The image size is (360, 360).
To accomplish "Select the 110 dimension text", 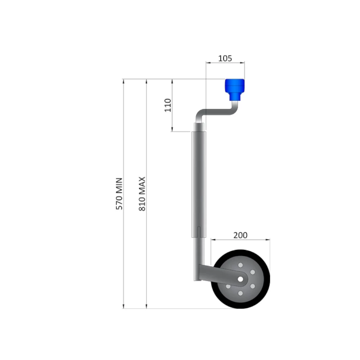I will point(168,105).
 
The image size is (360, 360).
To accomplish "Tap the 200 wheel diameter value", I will point(240,235).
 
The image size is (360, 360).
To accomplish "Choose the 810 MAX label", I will point(142,194).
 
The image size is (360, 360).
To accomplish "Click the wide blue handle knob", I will point(234,85).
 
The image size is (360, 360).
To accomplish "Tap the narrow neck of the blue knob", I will point(234,96).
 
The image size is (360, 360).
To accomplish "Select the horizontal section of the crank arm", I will point(216,112).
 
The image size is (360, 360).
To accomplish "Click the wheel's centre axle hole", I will point(240,279).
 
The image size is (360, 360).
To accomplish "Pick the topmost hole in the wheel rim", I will point(240,265).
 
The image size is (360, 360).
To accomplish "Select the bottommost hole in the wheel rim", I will point(240,293).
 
